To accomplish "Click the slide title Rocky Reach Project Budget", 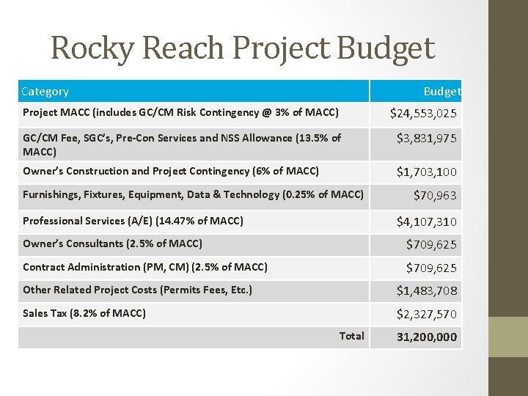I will pyautogui.click(x=243, y=48).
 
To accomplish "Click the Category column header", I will pyautogui.click(x=45, y=92).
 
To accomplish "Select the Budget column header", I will pyautogui.click(x=442, y=92).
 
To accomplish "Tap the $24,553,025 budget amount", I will pyautogui.click(x=425, y=113).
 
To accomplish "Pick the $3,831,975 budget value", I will pyautogui.click(x=428, y=138).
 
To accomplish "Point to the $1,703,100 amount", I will pyautogui.click(x=428, y=172).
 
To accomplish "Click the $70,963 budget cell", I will pyautogui.click(x=436, y=195).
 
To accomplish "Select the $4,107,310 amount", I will pyautogui.click(x=428, y=221).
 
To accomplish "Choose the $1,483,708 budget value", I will pyautogui.click(x=428, y=291).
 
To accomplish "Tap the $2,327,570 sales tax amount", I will pyautogui.click(x=428, y=314).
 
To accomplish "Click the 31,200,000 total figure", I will pyautogui.click(x=427, y=337).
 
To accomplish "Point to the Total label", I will pyautogui.click(x=351, y=336).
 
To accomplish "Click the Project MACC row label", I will pyautogui.click(x=180, y=112).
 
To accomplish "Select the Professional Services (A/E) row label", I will pyautogui.click(x=133, y=221).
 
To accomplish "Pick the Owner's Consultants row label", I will pyautogui.click(x=112, y=243).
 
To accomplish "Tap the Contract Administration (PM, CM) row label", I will pyautogui.click(x=145, y=267).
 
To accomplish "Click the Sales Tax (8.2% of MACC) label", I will pyautogui.click(x=84, y=313).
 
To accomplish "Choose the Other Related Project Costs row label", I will pyautogui.click(x=137, y=290).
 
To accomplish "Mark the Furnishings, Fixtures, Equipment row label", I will pyautogui.click(x=193, y=194).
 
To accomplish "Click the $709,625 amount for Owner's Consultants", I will pyautogui.click(x=433, y=244).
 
